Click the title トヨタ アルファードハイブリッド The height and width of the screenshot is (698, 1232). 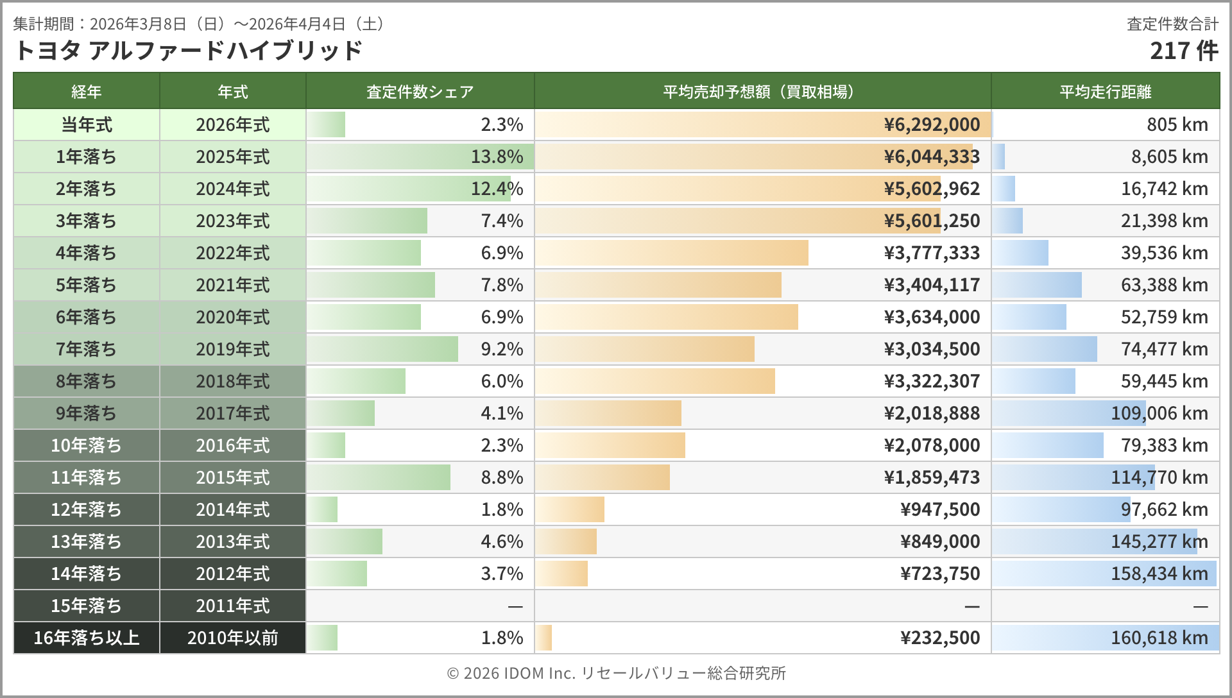(x=187, y=51)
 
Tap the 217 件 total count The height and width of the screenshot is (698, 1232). (x=1183, y=51)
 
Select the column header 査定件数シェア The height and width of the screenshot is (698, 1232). (x=420, y=92)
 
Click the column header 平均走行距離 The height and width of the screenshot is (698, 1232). (x=1105, y=92)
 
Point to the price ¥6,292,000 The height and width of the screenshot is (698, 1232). (x=932, y=124)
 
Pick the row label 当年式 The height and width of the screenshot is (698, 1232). (x=87, y=124)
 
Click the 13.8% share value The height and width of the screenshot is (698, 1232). (x=497, y=157)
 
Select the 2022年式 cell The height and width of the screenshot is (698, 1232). (x=233, y=253)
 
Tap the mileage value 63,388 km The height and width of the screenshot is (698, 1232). (x=1164, y=285)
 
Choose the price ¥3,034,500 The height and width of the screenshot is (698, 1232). (x=932, y=349)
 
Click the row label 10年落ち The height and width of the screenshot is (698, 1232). (x=87, y=445)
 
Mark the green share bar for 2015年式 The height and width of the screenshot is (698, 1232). (x=379, y=477)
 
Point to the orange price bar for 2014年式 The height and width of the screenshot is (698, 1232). (x=570, y=509)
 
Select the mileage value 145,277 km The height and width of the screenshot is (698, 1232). (x=1159, y=541)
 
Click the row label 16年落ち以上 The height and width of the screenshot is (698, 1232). (x=87, y=638)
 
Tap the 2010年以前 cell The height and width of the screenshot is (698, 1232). (x=233, y=638)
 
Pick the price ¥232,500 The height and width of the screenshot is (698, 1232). (x=940, y=638)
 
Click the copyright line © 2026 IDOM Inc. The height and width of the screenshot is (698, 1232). (x=616, y=673)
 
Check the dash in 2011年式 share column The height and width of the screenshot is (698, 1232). (x=515, y=606)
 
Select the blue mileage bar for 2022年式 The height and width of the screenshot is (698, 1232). (x=1020, y=253)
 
